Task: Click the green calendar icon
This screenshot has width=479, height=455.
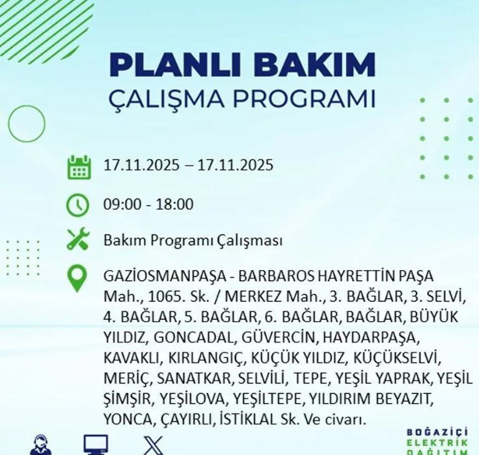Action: [x=78, y=167]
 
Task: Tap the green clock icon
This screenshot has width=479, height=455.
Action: [x=78, y=205]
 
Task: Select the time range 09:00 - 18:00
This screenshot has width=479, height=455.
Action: [x=148, y=204]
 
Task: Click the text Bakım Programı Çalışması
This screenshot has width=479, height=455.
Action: [x=193, y=240]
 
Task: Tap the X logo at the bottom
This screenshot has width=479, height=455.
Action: [x=154, y=447]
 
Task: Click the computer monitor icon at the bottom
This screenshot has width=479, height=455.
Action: [x=96, y=445]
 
